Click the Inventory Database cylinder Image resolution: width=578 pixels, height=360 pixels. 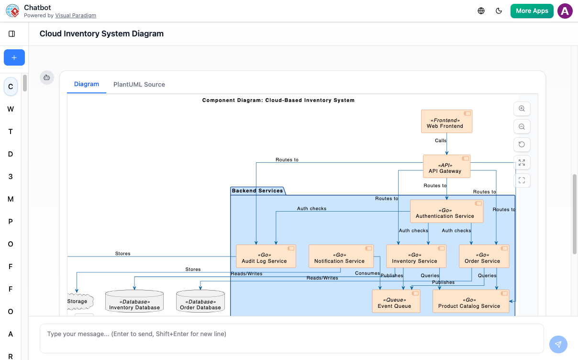[134, 302]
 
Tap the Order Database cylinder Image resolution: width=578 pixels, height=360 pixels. [200, 302]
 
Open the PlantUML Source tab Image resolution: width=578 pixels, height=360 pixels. [139, 84]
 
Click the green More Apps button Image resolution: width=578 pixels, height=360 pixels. [532, 11]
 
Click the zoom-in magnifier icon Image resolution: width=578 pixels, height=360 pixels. [522, 109]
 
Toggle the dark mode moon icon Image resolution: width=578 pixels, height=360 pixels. [499, 11]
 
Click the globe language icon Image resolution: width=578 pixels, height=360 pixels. [481, 11]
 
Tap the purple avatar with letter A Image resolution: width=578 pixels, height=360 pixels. [565, 11]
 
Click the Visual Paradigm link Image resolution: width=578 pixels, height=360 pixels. [76, 15]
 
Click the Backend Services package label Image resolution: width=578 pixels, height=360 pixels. [257, 191]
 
